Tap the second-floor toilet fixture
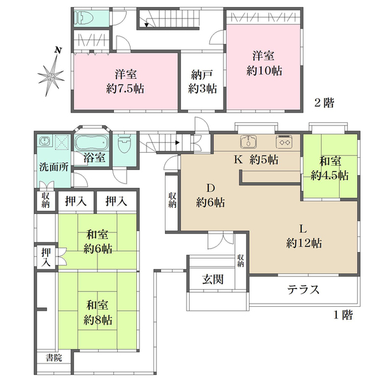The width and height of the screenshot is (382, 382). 84,18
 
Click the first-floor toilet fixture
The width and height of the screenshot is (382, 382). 125,144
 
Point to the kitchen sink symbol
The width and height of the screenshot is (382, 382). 248,141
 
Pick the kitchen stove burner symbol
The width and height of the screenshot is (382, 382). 284,141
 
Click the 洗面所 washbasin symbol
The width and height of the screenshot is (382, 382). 45,141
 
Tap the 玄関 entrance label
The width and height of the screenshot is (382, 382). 213,279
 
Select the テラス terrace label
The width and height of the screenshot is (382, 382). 303,290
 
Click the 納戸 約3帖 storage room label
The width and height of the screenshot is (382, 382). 202,81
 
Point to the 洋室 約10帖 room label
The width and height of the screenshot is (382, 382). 264,63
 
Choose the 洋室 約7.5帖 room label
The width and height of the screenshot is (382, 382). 125,81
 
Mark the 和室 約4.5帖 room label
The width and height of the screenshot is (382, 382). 330,169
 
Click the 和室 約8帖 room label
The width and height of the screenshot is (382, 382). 97,313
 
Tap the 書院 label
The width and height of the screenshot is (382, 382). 54,358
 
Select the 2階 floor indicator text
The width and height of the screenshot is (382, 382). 324,103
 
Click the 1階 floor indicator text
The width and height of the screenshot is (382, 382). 343,315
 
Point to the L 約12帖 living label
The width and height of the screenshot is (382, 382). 304,236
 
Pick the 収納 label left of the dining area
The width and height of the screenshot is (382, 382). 173,201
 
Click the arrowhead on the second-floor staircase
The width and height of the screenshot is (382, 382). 146,25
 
